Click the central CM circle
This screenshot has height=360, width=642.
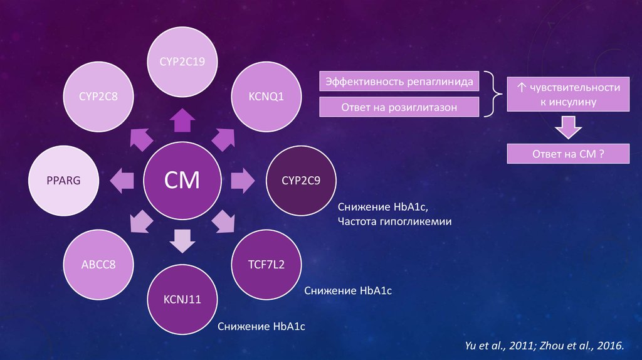[182, 181]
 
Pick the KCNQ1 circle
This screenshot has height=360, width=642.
[266, 97]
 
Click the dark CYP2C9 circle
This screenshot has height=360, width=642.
[301, 181]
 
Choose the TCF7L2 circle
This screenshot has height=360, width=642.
[266, 264]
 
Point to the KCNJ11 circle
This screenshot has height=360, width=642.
[182, 299]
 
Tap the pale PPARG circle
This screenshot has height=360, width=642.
[63, 181]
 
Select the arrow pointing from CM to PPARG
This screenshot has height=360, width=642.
[122, 181]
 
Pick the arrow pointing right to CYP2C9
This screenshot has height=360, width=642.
[242, 181]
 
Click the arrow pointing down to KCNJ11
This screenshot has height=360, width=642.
[182, 241]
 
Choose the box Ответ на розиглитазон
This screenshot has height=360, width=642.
[399, 107]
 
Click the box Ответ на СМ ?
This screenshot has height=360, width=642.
[568, 154]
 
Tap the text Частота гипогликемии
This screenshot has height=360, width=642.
[394, 221]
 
